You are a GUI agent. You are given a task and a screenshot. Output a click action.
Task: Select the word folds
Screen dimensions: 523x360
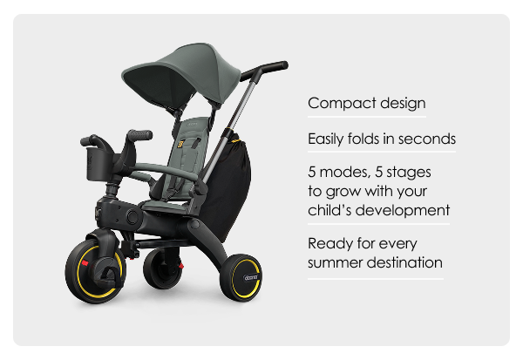point(363,139)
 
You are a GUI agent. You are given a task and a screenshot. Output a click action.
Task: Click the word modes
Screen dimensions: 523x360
point(345,173)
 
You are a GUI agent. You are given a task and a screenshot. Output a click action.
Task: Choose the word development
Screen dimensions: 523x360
point(402,211)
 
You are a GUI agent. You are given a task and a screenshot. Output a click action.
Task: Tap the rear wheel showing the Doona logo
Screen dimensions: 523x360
point(241,278)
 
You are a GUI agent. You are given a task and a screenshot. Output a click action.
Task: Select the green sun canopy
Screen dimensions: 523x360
point(180,74)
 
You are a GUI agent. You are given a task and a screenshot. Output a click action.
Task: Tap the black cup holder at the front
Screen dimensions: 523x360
point(98,164)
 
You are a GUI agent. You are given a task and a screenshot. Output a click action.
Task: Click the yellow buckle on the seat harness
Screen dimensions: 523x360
point(180,145)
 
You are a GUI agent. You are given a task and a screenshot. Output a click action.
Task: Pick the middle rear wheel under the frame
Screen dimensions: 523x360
point(162,268)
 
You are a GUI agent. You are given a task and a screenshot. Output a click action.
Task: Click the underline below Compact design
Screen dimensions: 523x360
point(367,117)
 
